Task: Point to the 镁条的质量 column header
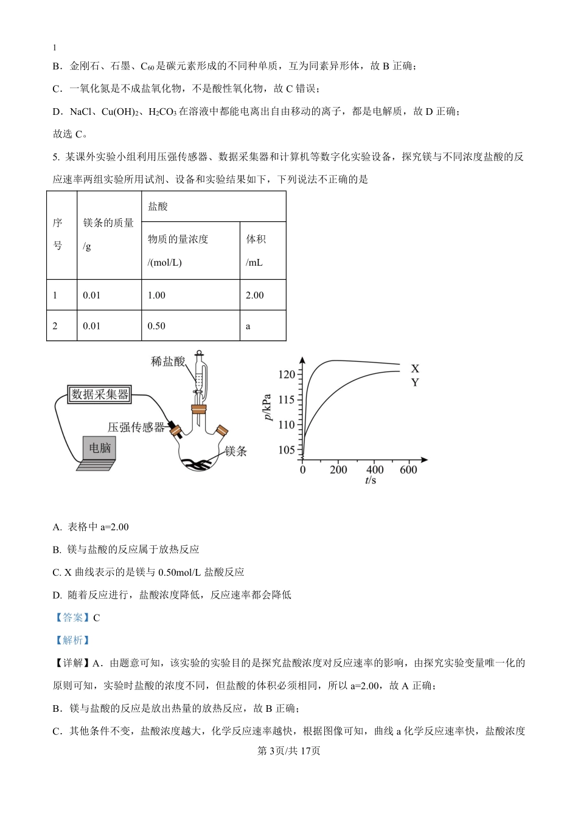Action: (108, 235)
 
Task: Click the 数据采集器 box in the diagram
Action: (100, 395)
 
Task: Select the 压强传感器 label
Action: (136, 427)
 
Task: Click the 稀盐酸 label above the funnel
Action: (168, 362)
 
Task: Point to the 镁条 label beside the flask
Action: (236, 451)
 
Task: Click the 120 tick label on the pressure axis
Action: (287, 374)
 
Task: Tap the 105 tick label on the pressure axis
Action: (287, 450)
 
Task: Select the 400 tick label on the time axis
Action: (375, 470)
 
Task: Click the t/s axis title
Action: (371, 481)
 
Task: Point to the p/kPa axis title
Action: (268, 409)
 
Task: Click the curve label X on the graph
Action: (415, 369)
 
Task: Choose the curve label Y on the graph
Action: (415, 382)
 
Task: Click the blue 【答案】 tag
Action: (72, 618)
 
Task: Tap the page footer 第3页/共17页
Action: (289, 751)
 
